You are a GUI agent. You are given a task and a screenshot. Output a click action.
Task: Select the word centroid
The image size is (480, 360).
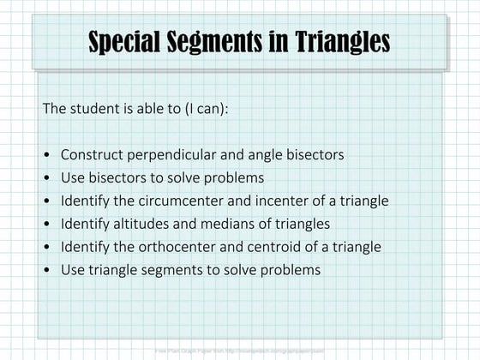point(300,247)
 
